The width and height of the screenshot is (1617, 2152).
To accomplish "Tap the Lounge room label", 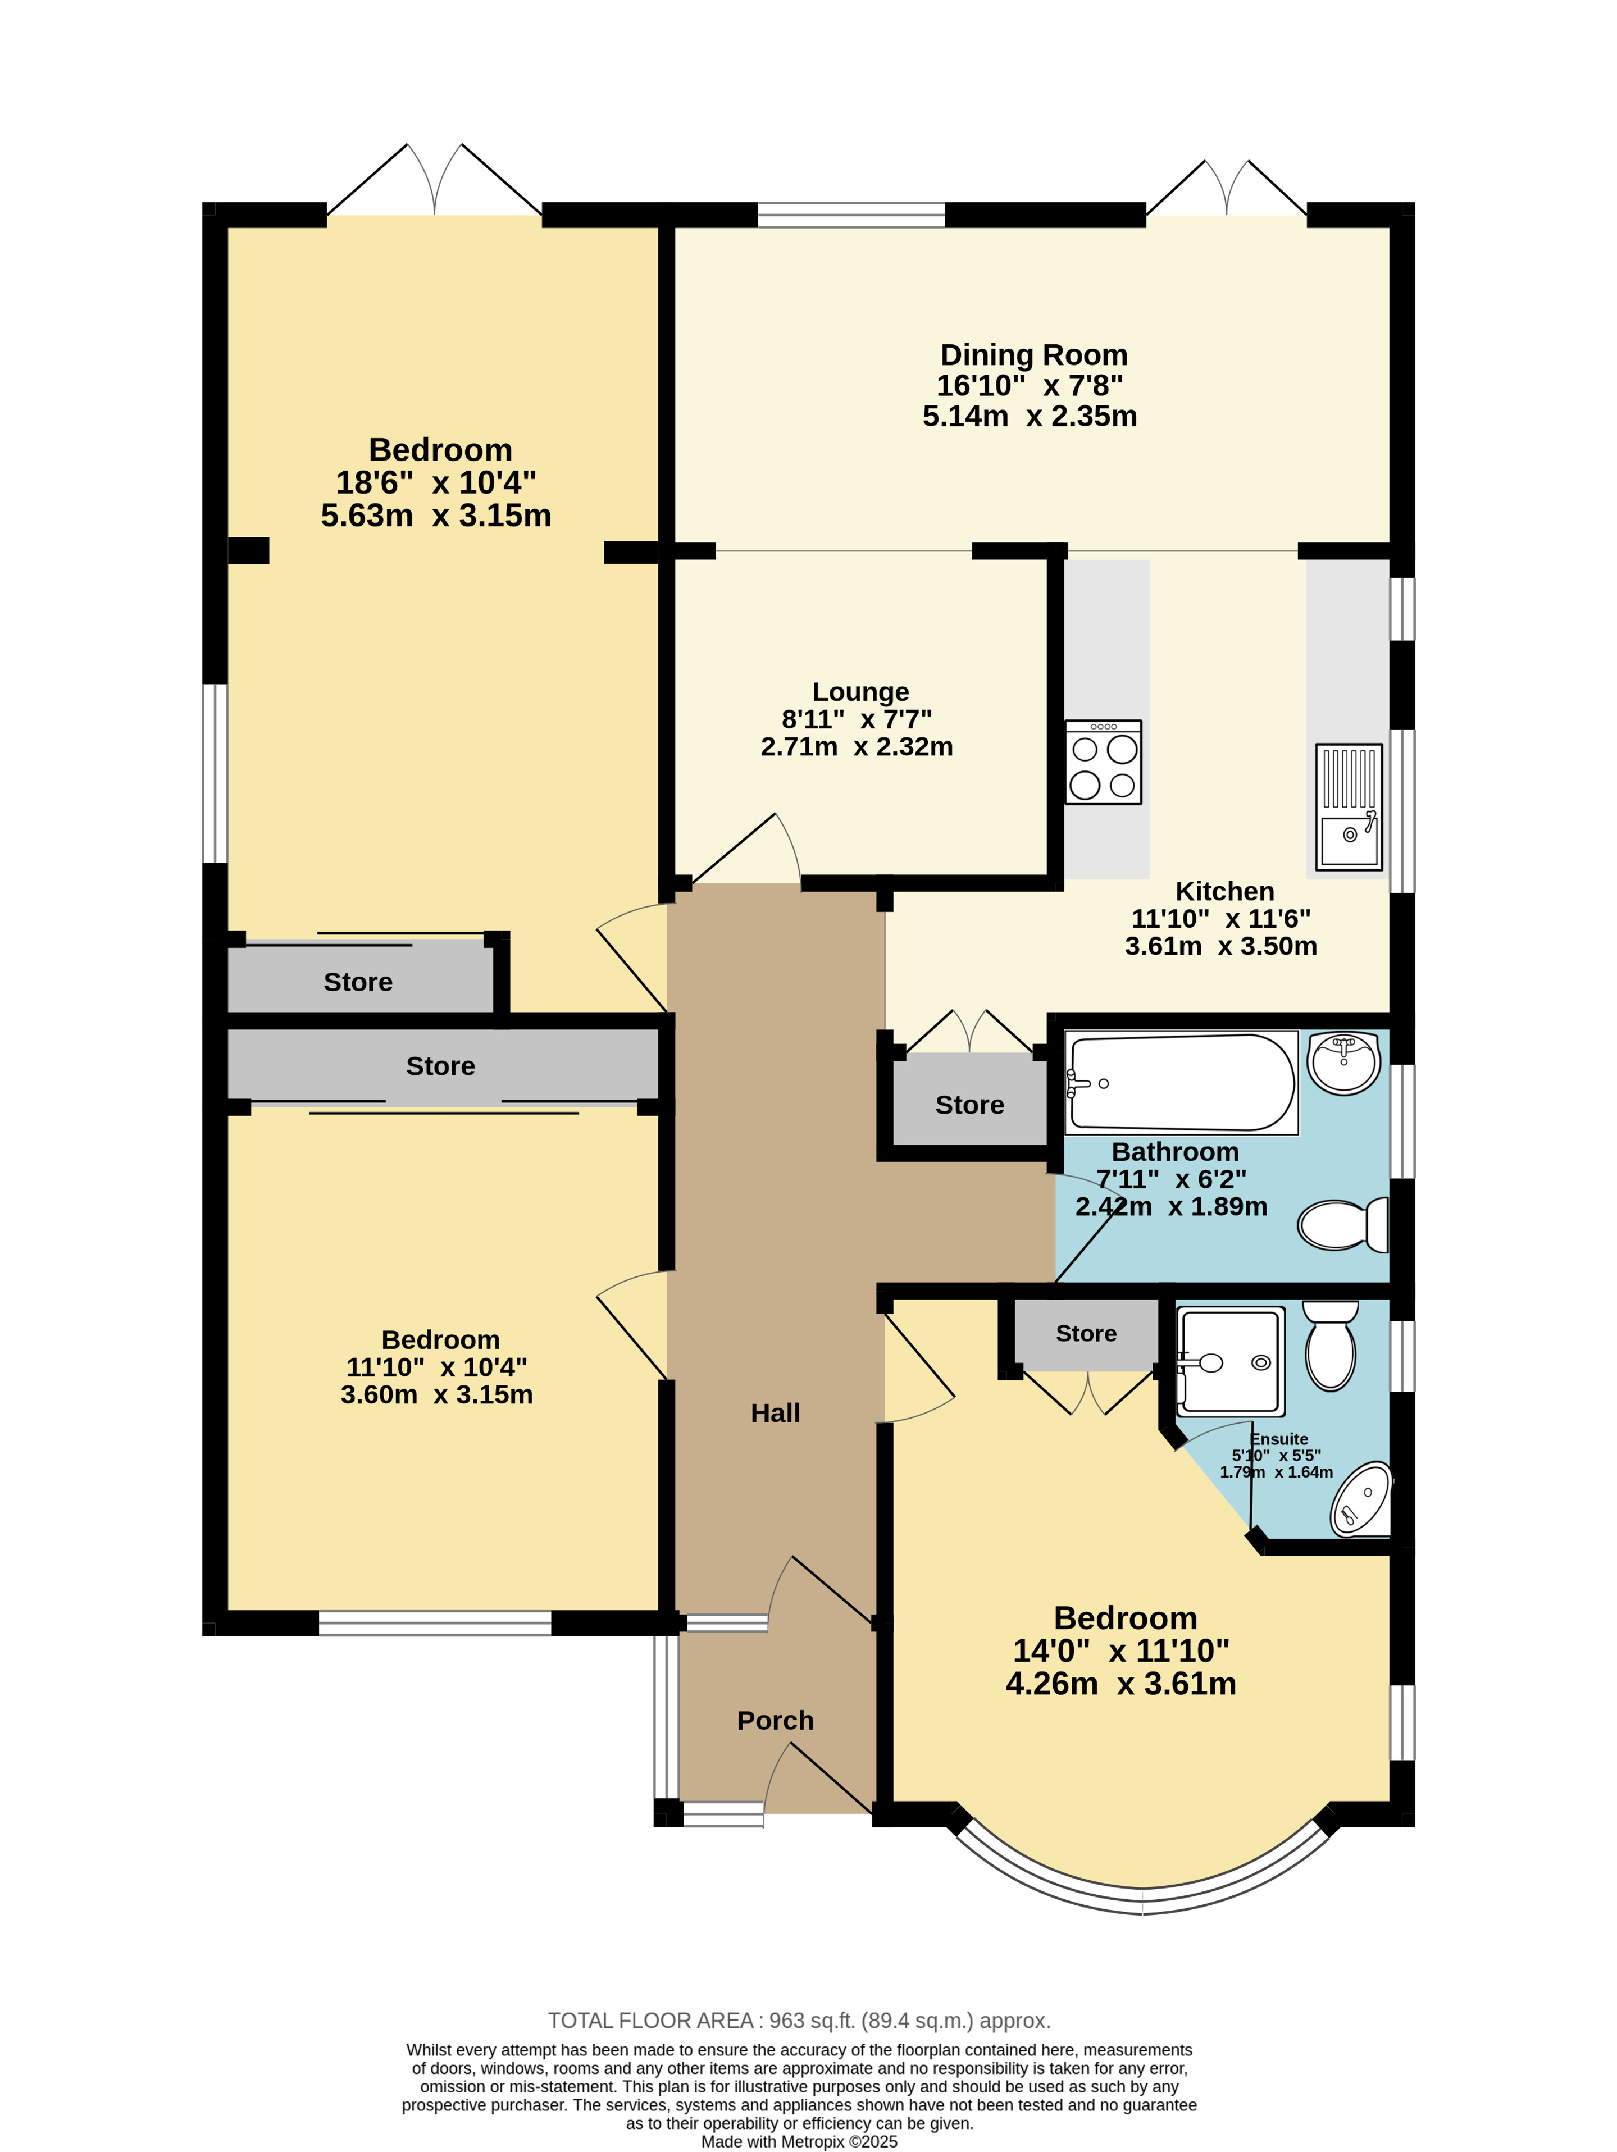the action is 860,692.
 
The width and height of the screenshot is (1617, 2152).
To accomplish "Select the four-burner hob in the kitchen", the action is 1103,762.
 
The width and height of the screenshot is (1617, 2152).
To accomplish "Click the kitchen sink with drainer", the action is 1349,806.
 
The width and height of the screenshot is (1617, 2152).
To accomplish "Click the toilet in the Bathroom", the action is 1343,1225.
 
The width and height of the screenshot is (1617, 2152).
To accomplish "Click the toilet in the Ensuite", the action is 1330,1346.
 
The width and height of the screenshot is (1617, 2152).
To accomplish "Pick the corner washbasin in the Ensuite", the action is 1362,1499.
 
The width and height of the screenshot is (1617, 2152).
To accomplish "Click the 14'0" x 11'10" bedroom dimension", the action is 1121,1651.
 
